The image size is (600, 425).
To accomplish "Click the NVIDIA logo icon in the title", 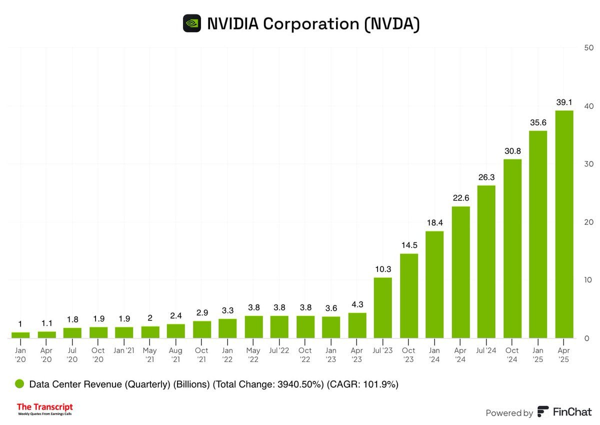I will coord(192,23).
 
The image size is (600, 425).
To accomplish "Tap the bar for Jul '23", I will coord(383,307).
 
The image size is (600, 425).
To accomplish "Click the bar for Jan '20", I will coord(20,335).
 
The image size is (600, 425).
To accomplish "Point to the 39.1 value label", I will coord(564,101).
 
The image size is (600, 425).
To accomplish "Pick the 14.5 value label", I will coord(409,245).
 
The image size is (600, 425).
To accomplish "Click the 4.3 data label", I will coord(357,304).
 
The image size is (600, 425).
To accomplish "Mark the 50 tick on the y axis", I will coord(588,48).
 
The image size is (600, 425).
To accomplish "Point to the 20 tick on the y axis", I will coord(588,222).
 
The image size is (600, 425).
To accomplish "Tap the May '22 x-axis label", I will coord(254,354).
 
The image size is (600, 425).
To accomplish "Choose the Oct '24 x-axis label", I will coord(512,354).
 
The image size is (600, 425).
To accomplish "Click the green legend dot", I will coord(19,384).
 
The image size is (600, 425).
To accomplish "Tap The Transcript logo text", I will coord(45,407).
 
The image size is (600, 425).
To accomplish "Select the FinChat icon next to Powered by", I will coord(542,412).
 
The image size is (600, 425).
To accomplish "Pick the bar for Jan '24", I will coord(434,284).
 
